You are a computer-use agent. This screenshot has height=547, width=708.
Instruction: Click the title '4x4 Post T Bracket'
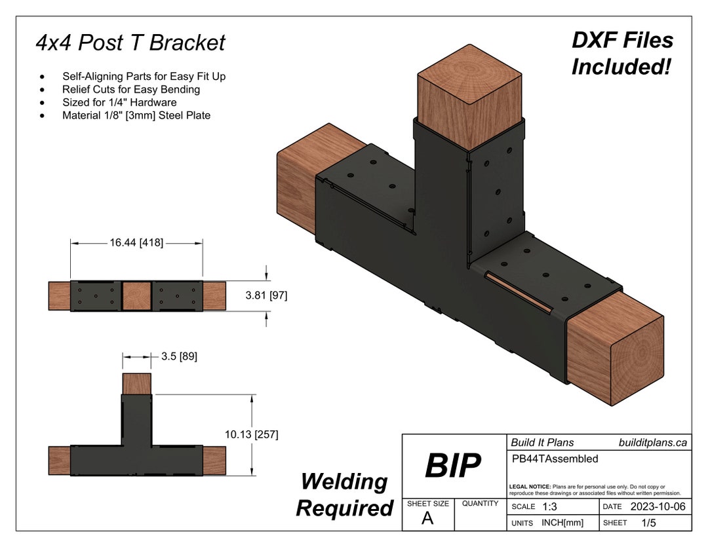(130, 43)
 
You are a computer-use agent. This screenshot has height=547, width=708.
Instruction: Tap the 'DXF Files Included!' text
(622, 53)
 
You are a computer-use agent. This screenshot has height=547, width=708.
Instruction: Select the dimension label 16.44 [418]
(136, 243)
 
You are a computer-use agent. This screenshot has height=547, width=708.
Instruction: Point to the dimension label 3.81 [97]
(266, 295)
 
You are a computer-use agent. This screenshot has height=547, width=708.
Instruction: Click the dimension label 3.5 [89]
(179, 357)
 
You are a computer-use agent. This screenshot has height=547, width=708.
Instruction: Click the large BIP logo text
(452, 466)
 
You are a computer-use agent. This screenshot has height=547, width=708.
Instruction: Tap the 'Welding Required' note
(344, 495)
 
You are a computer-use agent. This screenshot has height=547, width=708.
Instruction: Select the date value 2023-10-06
(658, 507)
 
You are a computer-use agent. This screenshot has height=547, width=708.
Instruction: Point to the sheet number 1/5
(649, 523)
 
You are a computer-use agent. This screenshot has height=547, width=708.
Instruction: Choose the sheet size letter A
(427, 519)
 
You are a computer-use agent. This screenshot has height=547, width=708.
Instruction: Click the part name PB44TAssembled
(554, 459)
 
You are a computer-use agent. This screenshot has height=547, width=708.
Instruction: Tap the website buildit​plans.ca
(653, 443)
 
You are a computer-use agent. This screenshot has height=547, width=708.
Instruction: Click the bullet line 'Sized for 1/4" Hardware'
(119, 102)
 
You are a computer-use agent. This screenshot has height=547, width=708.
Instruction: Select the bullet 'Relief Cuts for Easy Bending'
(131, 89)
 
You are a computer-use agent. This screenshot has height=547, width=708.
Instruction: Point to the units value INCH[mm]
(562, 523)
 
